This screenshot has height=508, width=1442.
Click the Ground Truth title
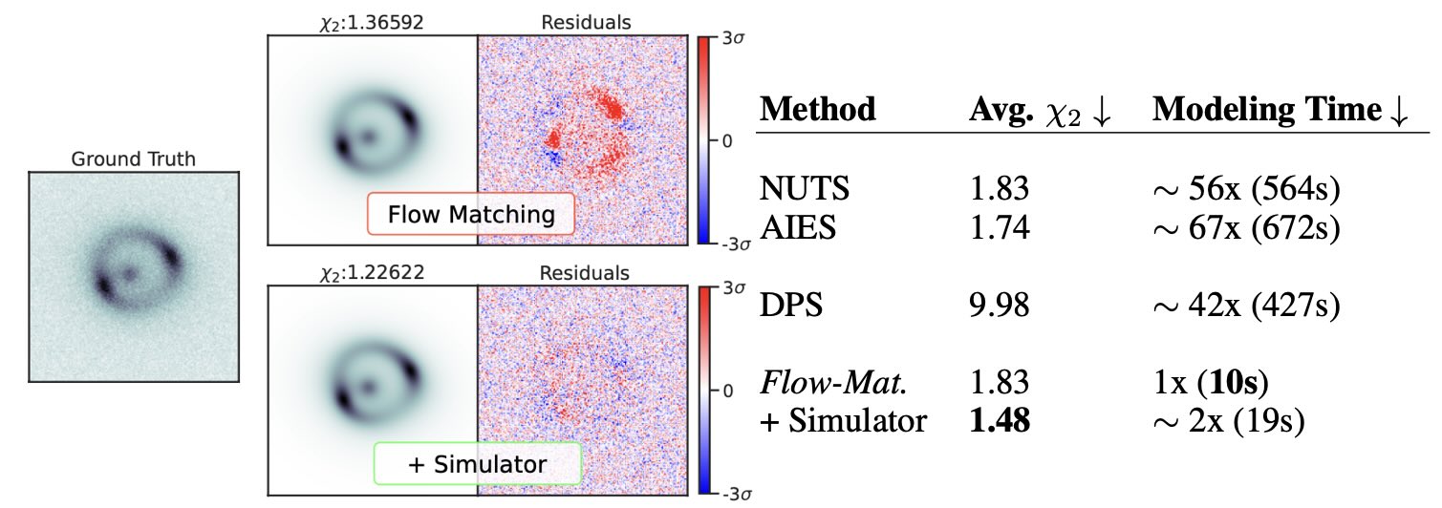[x=133, y=159]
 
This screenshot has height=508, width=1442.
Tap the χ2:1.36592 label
[x=372, y=20]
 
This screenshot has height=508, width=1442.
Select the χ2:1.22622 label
[x=372, y=272]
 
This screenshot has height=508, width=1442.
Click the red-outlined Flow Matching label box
[x=470, y=214]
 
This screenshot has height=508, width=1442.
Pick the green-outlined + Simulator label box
[x=477, y=465]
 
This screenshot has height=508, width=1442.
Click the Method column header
[x=817, y=110]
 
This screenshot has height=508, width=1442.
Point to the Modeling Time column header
[x=1281, y=110]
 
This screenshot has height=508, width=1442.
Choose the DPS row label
[x=790, y=307]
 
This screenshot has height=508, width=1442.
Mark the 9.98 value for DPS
[x=1000, y=307]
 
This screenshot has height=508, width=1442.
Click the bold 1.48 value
[x=1000, y=421]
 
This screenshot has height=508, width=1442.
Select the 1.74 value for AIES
[x=1000, y=227]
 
